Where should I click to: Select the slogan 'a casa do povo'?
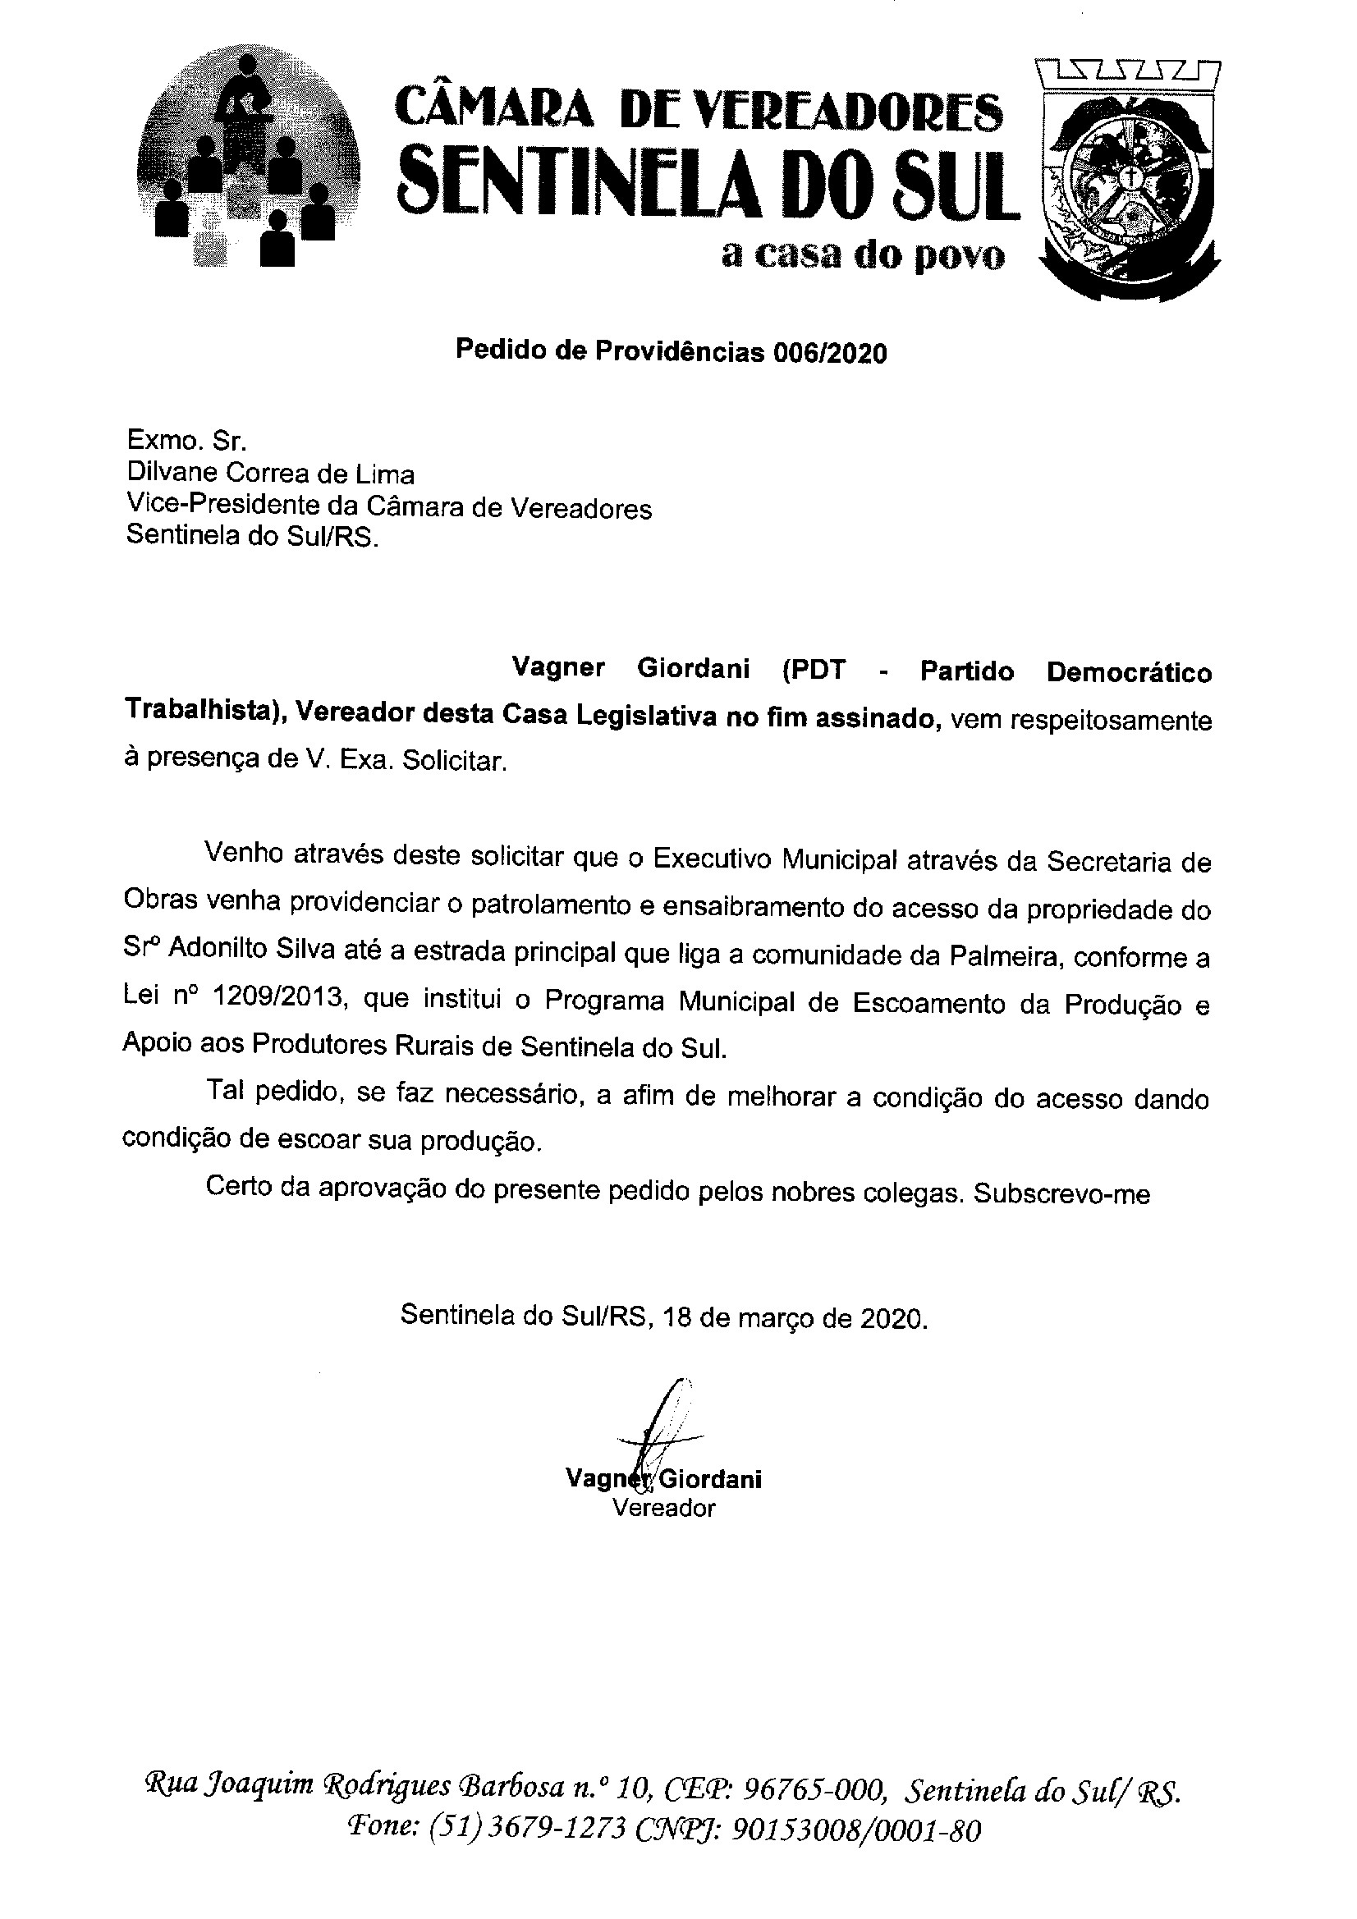pos(862,255)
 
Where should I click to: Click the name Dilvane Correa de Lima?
pos(270,474)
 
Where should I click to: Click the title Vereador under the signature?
pos(664,1508)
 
